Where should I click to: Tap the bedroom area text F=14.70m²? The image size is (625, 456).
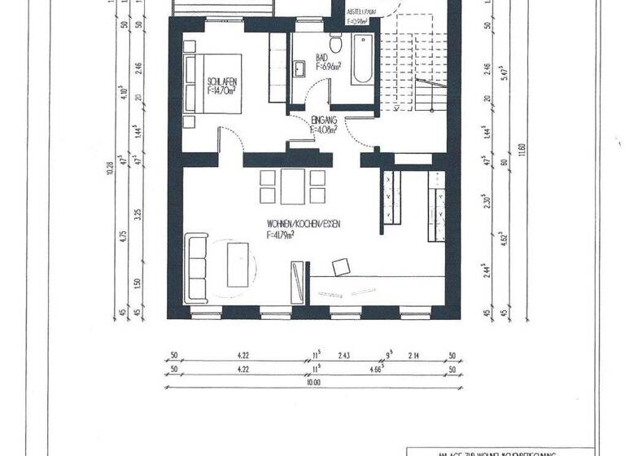[222, 90]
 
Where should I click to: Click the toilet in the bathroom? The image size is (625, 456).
[335, 42]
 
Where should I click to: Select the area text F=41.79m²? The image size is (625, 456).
[280, 234]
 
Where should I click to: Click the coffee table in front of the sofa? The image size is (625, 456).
[238, 263]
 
